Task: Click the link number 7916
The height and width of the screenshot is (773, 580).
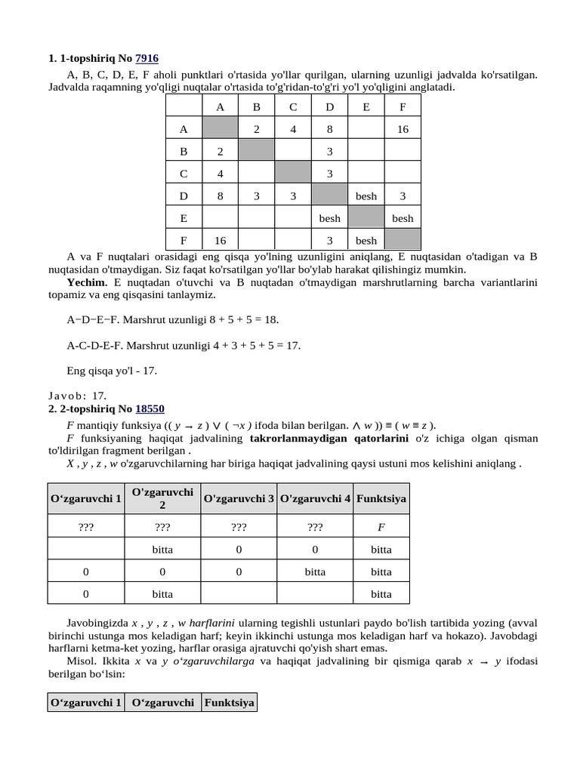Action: [x=147, y=58]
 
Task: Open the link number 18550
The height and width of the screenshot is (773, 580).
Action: [x=150, y=408]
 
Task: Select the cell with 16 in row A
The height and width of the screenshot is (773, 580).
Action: [x=403, y=129]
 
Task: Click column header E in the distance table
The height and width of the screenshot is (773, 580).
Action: [x=366, y=107]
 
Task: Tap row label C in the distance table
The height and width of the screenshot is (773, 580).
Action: [x=184, y=174]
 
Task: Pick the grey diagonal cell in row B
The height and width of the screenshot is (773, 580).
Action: [x=256, y=152]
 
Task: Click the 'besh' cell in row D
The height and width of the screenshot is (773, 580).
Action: [x=366, y=196]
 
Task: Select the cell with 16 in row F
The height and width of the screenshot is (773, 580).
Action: [x=220, y=241]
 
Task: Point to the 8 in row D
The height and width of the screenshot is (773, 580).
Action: [x=220, y=196]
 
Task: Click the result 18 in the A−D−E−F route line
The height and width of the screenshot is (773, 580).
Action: [x=270, y=319]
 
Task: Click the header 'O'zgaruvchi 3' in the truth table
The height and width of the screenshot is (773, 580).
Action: [x=239, y=498]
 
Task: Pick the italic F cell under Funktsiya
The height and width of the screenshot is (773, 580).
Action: [x=381, y=528]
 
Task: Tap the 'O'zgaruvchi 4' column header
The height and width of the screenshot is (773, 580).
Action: [x=315, y=498]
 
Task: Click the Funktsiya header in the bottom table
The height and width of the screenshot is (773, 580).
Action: [x=230, y=703]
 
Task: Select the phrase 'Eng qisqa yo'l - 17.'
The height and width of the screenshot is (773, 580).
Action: [x=112, y=371]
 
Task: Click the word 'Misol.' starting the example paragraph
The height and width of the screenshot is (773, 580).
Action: [x=82, y=661]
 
